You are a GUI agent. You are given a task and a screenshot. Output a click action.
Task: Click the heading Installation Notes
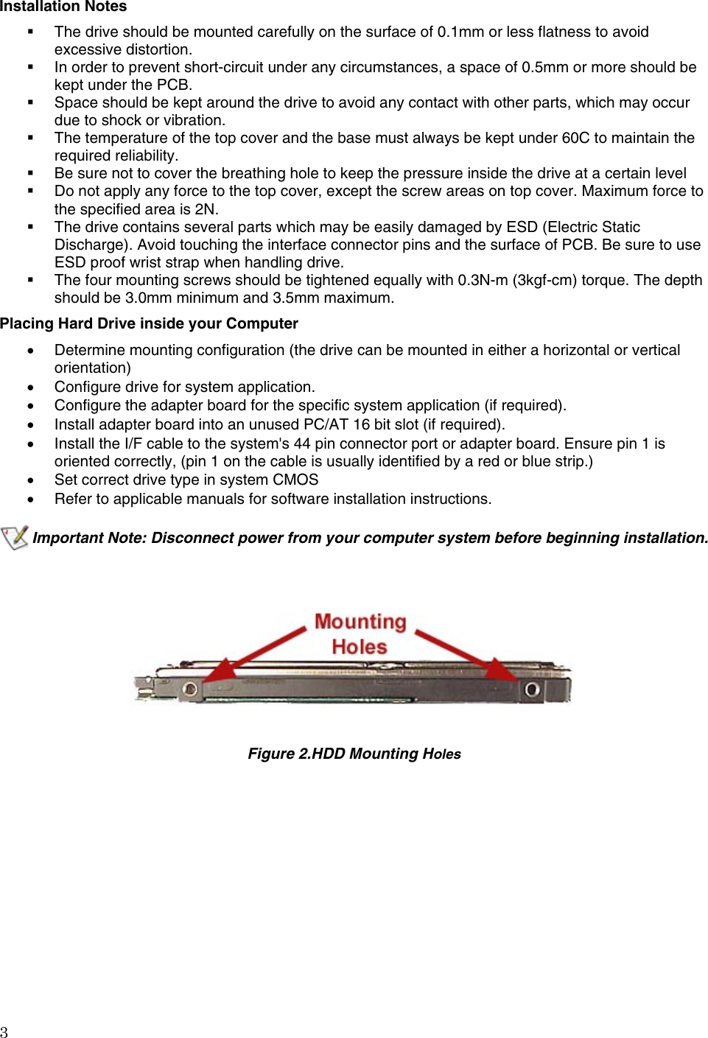tap(63, 7)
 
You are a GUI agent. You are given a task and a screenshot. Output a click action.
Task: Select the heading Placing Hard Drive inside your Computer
tap(149, 323)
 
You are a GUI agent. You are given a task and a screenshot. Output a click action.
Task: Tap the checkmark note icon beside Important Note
tap(15, 537)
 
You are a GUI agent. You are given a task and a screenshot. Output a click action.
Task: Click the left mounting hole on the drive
tap(190, 689)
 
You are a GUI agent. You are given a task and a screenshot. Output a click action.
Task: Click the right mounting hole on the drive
tap(531, 690)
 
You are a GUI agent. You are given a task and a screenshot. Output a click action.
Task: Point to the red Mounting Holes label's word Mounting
tap(360, 622)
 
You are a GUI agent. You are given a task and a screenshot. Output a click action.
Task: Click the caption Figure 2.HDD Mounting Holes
tap(354, 754)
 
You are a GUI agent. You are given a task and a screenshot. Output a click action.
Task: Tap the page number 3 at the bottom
tap(4, 1031)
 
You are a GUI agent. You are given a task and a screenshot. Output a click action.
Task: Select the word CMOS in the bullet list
tap(295, 480)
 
